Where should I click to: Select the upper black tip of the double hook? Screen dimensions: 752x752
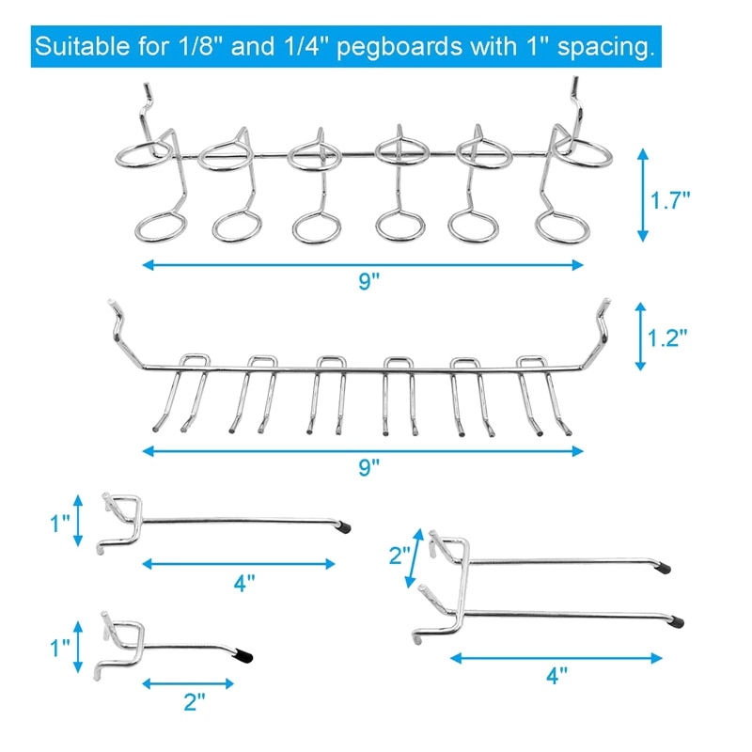point(666,567)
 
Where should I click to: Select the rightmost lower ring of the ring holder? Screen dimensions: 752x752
point(560,226)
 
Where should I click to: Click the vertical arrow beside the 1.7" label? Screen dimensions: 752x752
point(642,195)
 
